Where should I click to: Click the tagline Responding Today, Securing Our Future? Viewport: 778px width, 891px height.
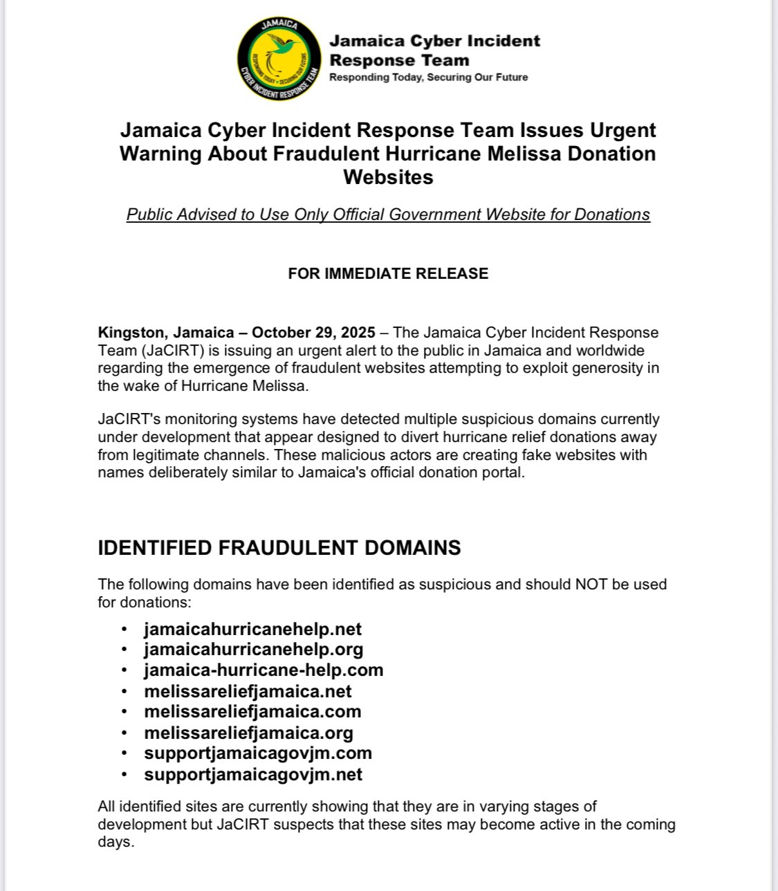click(x=428, y=77)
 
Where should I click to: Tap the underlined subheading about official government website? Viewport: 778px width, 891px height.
click(x=388, y=214)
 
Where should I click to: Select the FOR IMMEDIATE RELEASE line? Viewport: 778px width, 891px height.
click(x=388, y=273)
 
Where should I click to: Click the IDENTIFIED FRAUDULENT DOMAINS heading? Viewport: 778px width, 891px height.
click(x=279, y=548)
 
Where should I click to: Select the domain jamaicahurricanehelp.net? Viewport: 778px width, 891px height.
click(x=252, y=629)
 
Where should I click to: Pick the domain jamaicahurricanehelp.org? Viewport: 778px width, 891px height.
click(x=253, y=649)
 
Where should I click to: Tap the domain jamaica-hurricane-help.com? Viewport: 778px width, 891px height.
click(x=263, y=670)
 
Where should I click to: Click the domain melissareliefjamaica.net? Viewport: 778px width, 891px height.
click(x=248, y=691)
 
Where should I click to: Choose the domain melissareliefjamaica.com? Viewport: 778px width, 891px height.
click(x=252, y=711)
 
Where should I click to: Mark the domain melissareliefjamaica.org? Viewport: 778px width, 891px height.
click(x=248, y=733)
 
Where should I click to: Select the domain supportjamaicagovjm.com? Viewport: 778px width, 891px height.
click(x=258, y=753)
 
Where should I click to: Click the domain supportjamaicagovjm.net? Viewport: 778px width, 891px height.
click(x=253, y=774)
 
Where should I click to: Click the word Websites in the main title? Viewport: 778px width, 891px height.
click(x=388, y=177)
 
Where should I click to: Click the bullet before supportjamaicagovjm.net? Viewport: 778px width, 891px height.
click(x=124, y=775)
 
